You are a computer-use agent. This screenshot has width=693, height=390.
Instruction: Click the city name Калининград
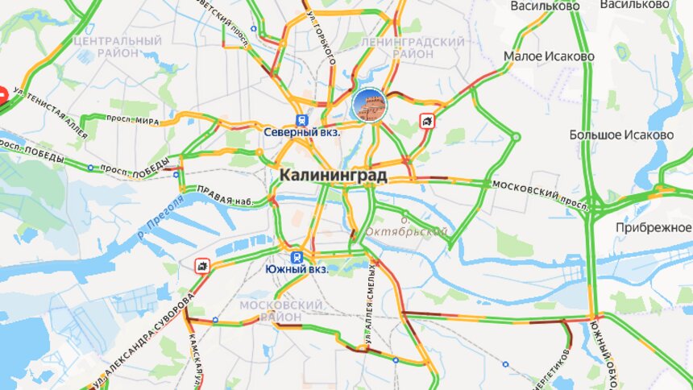333,175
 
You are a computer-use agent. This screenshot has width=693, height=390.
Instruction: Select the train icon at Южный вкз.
297,256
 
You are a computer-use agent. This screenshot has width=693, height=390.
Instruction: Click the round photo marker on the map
368,105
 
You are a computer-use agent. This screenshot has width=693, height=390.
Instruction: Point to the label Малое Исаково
549,56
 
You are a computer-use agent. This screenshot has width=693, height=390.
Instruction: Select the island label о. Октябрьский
407,226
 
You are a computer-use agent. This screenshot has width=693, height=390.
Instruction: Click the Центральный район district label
117,46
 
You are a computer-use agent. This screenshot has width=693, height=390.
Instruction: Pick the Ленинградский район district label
413,47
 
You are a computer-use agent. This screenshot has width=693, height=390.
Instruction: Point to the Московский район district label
280,311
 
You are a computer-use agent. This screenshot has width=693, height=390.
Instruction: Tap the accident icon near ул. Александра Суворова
201,264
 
